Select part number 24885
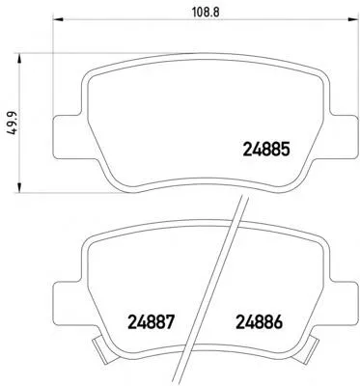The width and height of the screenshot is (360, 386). (x=266, y=149)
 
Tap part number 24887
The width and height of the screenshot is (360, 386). (x=152, y=322)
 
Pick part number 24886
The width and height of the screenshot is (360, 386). (x=260, y=322)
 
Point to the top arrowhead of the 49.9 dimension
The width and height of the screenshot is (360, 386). (x=19, y=60)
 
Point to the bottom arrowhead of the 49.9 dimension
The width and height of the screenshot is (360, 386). (x=19, y=187)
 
